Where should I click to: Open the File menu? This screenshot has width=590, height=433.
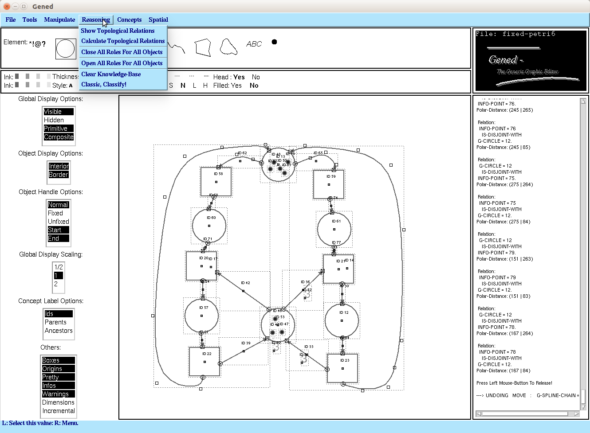click(11, 20)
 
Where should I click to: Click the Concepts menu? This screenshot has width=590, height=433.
click(129, 20)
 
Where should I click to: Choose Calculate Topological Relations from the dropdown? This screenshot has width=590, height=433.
click(123, 41)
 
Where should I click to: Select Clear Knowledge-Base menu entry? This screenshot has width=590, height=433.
click(111, 74)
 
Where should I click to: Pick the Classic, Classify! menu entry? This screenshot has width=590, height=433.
click(104, 84)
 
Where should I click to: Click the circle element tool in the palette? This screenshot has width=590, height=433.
click(66, 49)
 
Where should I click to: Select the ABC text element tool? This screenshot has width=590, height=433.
click(254, 44)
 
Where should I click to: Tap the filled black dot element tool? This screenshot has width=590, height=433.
click(274, 42)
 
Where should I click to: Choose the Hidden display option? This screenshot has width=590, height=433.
click(54, 120)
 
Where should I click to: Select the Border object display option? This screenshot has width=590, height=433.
click(59, 175)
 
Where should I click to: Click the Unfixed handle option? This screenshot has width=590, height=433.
click(59, 222)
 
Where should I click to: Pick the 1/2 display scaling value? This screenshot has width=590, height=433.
click(59, 267)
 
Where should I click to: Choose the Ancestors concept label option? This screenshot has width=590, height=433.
click(59, 331)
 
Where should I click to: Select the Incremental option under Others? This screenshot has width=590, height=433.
click(59, 411)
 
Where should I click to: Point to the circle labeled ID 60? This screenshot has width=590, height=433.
click(209, 226)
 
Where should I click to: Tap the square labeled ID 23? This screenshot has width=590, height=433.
click(342, 368)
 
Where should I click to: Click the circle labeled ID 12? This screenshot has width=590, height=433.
click(342, 320)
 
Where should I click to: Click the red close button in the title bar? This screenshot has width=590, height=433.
click(7, 6)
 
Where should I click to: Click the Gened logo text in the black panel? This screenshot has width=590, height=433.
click(503, 60)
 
